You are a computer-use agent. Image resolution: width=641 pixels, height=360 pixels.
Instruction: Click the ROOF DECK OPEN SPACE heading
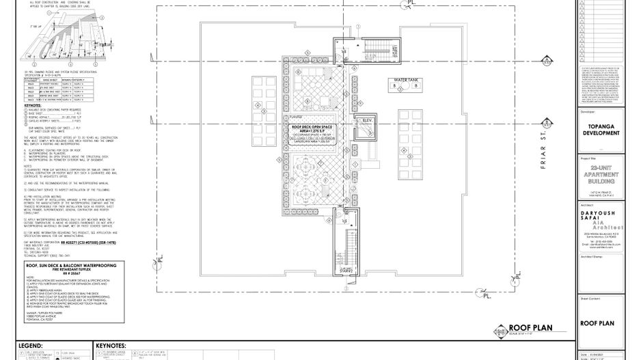click(x=314, y=127)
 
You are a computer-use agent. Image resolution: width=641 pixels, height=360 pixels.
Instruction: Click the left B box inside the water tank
click(x=394, y=87)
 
